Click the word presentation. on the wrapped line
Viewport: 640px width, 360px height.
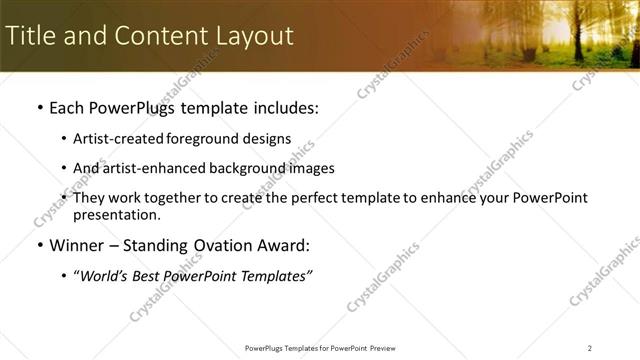116,214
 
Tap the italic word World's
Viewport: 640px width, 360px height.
105,276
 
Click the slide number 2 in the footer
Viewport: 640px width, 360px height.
590,348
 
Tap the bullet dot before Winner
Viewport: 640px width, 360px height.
39,246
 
